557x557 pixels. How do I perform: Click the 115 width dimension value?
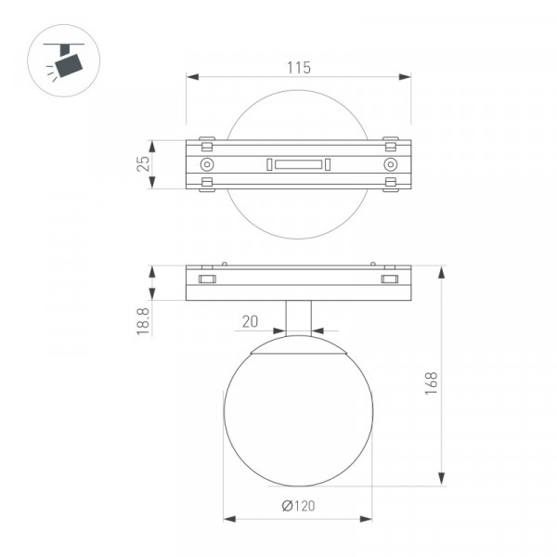coord(298,68)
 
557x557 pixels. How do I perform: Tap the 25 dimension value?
coord(144,164)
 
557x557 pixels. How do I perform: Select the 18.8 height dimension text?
coord(143,321)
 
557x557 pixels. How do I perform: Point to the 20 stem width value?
coord(250,321)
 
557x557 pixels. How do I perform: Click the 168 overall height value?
coord(432,383)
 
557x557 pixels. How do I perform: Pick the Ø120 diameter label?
coord(298,506)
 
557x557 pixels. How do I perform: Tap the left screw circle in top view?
coord(207,164)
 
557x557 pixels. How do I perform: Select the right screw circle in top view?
coord(391,164)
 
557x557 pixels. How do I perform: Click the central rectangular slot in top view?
coord(298,164)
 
